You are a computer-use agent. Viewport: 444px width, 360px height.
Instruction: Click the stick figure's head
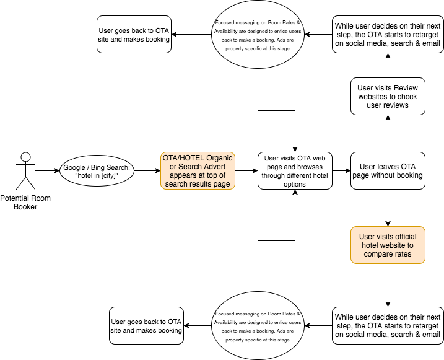(x=26, y=157)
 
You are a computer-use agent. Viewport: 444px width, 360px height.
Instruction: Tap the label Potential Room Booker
(x=25, y=203)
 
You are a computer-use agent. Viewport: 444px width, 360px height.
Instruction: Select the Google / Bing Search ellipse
(x=97, y=171)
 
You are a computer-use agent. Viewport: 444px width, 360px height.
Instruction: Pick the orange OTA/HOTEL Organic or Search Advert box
(x=198, y=171)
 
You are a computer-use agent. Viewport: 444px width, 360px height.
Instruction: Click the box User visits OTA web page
(x=295, y=171)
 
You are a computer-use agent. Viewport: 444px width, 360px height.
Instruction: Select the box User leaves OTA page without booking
(x=388, y=171)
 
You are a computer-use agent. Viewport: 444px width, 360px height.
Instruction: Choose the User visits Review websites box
(x=388, y=96)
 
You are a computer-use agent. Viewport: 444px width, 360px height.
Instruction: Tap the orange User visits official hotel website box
(x=388, y=245)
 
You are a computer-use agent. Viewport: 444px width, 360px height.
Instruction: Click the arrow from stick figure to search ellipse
(x=47, y=171)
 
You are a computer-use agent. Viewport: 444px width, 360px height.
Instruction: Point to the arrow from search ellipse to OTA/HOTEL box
(x=147, y=171)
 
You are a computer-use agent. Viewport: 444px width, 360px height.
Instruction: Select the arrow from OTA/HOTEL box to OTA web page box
(x=246, y=171)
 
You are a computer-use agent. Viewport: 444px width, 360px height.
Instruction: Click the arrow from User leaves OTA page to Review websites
(x=388, y=134)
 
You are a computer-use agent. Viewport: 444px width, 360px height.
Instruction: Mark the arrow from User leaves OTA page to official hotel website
(x=388, y=208)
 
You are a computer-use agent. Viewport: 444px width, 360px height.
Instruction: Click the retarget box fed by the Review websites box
(x=388, y=35)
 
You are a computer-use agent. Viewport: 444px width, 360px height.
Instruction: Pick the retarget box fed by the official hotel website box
(x=388, y=325)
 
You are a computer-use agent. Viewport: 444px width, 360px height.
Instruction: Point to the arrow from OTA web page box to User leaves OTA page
(x=341, y=171)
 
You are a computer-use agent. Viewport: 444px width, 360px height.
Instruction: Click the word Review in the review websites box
(x=406, y=88)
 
